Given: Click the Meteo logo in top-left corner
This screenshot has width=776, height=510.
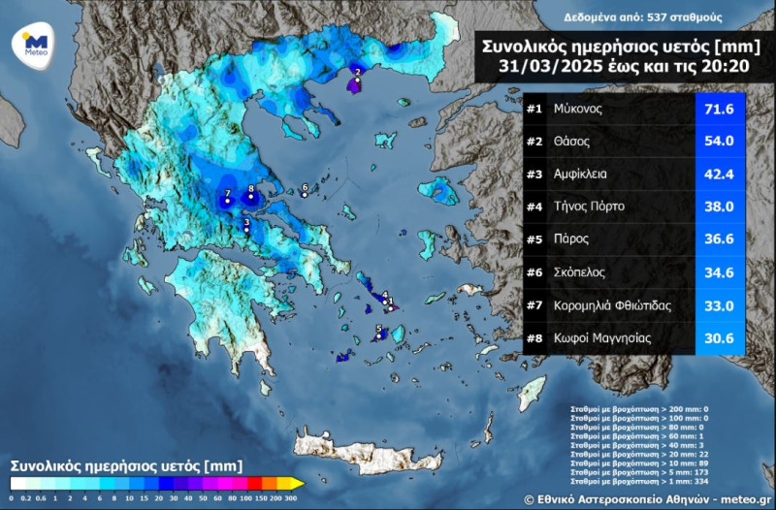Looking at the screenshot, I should pyautogui.click(x=35, y=44).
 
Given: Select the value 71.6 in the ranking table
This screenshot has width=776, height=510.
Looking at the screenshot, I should pyautogui.click(x=719, y=110).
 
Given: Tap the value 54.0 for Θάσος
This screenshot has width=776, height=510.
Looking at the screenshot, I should pyautogui.click(x=719, y=142).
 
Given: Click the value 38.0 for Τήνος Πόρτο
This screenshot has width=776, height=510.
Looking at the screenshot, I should pyautogui.click(x=719, y=207).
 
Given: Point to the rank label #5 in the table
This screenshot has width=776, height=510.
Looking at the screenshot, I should pyautogui.click(x=535, y=239).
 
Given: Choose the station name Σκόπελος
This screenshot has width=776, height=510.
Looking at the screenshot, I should pyautogui.click(x=583, y=271).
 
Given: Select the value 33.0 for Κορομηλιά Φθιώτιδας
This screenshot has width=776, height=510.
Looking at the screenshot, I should pyautogui.click(x=719, y=304).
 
